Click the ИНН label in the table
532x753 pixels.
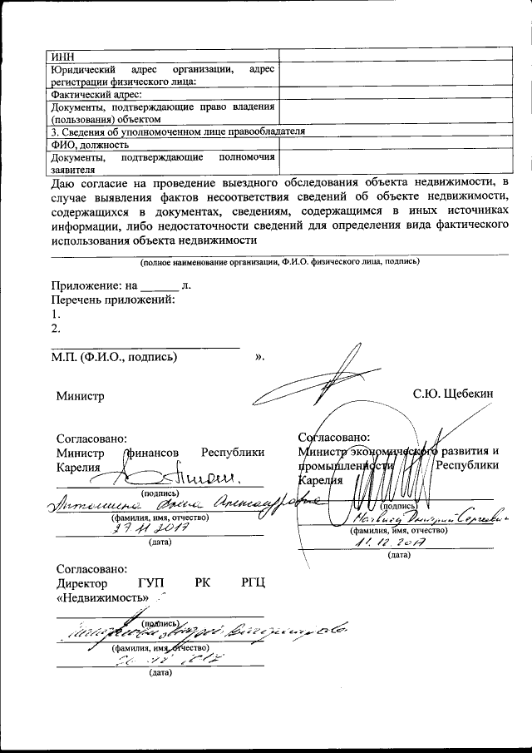pos(62,55)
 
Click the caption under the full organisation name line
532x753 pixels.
pos(279,261)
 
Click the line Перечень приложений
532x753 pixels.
pos(112,300)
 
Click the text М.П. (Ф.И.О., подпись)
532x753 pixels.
pos(113,357)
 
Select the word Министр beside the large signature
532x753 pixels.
pos(81,398)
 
